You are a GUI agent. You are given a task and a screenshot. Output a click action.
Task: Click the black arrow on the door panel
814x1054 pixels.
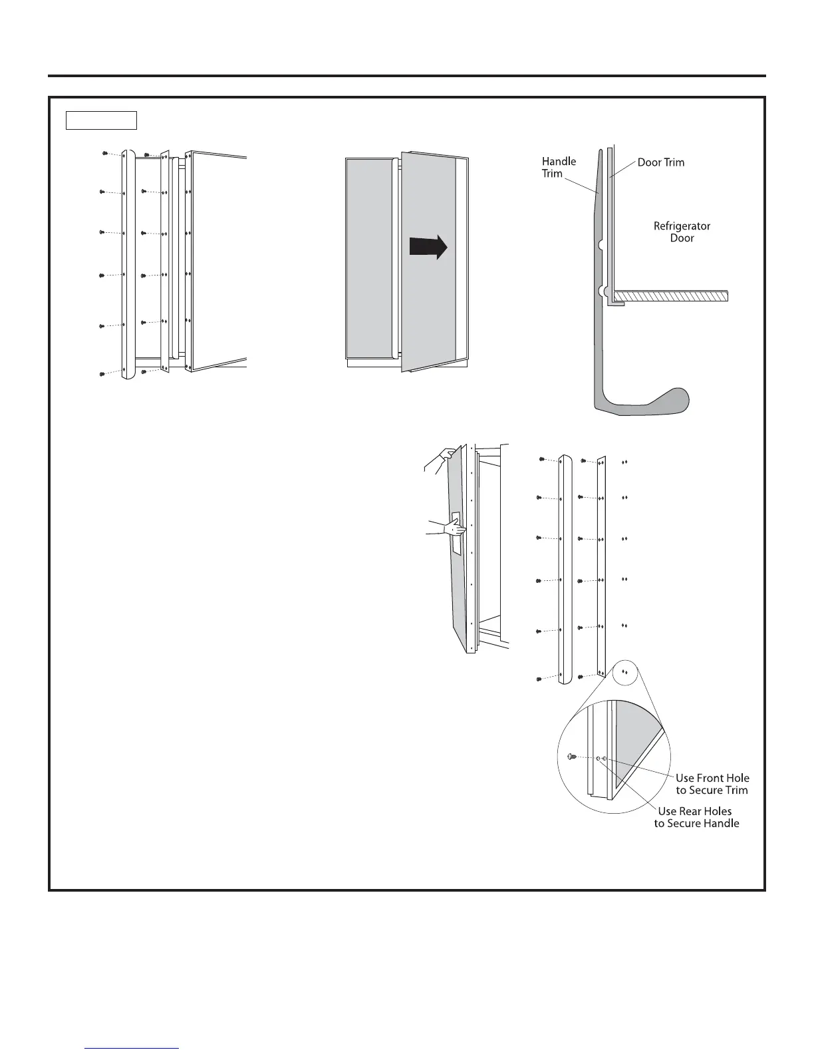[428, 248]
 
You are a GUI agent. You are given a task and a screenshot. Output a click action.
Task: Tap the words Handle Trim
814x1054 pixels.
[558, 167]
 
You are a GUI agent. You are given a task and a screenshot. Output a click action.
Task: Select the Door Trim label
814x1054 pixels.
[660, 162]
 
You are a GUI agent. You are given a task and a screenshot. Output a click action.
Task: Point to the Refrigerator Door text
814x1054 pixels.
[682, 232]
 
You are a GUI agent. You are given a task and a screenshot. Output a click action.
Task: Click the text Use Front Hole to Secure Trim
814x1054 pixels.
[712, 784]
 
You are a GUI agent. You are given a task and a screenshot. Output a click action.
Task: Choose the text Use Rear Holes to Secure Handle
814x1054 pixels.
[696, 817]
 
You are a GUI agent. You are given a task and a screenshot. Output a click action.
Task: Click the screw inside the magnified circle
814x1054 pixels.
[571, 757]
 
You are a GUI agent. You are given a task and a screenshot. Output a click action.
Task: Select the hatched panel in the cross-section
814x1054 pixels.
[670, 296]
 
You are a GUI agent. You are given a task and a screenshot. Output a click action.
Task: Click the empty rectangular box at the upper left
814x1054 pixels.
[101, 120]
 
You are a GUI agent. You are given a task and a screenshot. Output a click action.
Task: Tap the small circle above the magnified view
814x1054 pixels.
[624, 672]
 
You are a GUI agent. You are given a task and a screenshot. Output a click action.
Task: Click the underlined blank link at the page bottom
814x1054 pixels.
[133, 1048]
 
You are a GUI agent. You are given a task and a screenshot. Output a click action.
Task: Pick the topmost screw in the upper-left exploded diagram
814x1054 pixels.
[105, 153]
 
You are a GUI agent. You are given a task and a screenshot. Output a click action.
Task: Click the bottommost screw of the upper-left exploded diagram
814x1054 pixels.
[101, 375]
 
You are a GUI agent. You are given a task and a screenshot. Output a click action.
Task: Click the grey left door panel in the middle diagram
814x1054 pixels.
[369, 258]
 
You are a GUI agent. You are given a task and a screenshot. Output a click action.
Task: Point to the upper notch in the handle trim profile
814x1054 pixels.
[601, 245]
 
